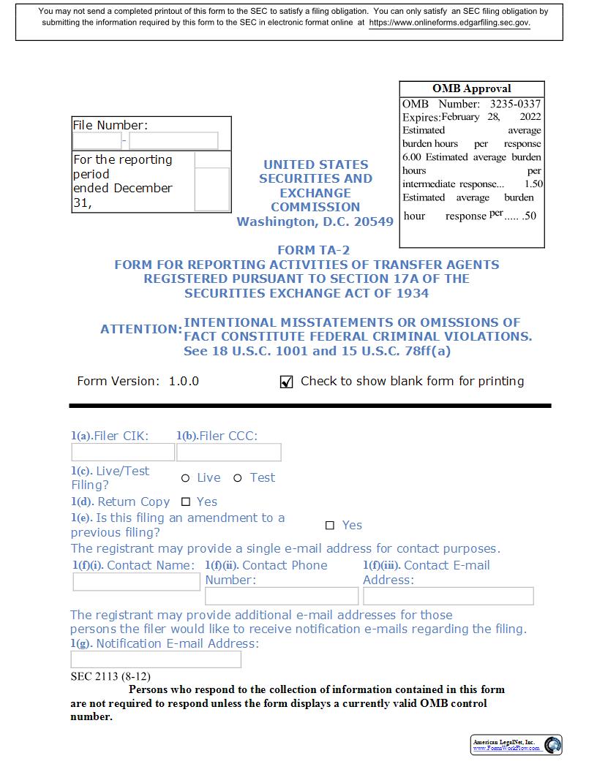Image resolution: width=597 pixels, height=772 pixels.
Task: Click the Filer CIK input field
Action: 123,453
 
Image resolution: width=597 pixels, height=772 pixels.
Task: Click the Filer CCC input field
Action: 228,453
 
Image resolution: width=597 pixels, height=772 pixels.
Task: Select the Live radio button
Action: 186,478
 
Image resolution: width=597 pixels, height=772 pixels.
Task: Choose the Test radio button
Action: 238,478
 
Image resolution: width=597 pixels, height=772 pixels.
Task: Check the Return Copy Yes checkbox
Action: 186,502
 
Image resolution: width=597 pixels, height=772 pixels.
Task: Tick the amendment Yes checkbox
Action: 330,526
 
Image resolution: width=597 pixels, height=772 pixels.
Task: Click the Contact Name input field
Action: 136,582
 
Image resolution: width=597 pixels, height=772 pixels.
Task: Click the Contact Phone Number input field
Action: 282,596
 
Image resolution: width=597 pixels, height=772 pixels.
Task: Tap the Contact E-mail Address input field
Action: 448,596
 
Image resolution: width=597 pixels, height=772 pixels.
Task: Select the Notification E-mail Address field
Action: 156,659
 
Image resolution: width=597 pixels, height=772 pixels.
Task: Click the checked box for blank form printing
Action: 287,382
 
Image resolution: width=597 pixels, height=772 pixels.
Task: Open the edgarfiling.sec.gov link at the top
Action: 449,23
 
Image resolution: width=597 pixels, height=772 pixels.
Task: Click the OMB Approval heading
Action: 472,88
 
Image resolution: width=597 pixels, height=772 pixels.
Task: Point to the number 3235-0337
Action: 515,104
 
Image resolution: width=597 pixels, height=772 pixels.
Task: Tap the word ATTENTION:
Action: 141,330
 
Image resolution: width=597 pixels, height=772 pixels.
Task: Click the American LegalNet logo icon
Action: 554,745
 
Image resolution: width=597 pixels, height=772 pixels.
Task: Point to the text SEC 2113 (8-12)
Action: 110,676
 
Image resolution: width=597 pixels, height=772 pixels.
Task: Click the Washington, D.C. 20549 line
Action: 315,222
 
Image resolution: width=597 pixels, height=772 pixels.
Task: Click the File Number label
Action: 110,125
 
